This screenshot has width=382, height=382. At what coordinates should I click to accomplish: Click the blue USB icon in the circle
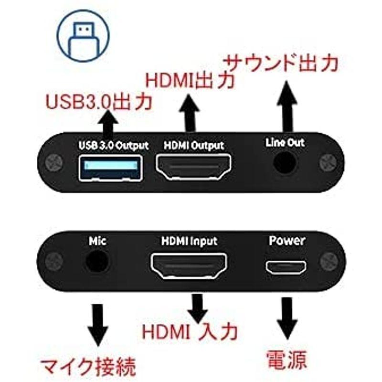(83, 35)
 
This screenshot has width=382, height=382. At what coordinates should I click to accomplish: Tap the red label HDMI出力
(190, 80)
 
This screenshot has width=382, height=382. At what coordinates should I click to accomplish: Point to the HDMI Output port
(193, 168)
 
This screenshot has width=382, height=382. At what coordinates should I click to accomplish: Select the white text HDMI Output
(194, 144)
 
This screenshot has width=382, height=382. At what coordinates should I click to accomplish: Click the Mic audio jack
(97, 262)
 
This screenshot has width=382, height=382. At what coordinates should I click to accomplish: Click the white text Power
(286, 240)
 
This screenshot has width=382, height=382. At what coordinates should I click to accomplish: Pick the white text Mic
(97, 241)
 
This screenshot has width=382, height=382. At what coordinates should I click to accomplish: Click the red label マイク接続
(88, 367)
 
